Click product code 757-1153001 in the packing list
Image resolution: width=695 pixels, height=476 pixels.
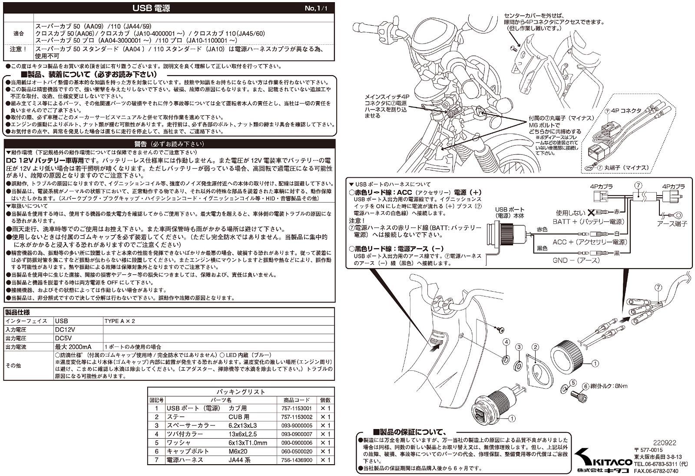297,409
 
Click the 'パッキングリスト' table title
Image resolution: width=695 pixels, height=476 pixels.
241,392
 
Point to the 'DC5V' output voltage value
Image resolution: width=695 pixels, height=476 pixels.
64,338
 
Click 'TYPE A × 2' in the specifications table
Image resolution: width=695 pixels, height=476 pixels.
119,321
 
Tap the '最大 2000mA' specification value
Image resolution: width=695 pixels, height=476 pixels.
73,347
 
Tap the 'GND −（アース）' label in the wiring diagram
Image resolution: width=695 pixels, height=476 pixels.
576,260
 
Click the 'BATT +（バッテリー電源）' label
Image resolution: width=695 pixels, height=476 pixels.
589,222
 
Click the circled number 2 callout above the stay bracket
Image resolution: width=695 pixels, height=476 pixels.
536,347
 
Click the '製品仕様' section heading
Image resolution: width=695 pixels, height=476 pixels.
17,312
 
